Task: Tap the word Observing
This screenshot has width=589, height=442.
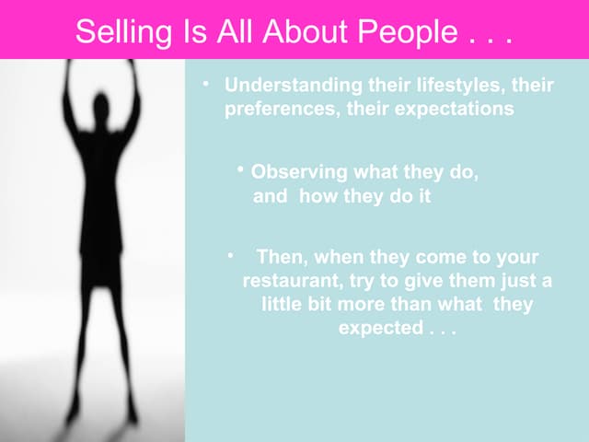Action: click(299, 172)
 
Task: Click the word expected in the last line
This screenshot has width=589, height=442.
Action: click(380, 327)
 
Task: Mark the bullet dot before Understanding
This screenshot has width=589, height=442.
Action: click(208, 84)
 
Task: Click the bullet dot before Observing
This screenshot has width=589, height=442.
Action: click(239, 170)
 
